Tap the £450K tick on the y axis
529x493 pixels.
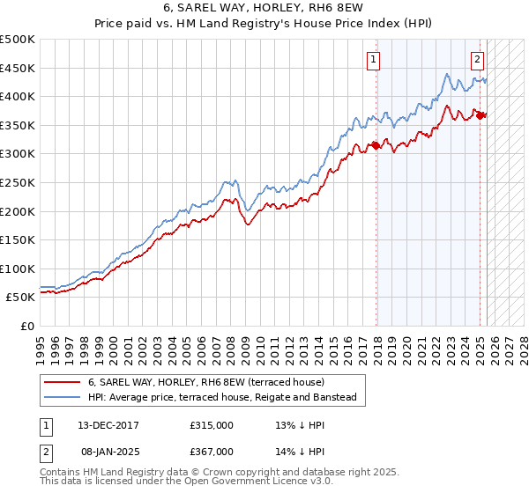(x=19, y=68)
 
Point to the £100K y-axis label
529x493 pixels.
(x=19, y=269)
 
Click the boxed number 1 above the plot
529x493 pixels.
(x=374, y=60)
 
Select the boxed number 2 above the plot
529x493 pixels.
(x=477, y=60)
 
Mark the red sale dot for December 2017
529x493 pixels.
(x=376, y=145)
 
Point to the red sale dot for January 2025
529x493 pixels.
(x=480, y=115)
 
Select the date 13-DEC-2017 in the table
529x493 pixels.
(x=107, y=426)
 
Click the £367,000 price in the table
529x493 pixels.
(x=212, y=452)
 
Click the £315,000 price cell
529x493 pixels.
(x=212, y=426)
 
